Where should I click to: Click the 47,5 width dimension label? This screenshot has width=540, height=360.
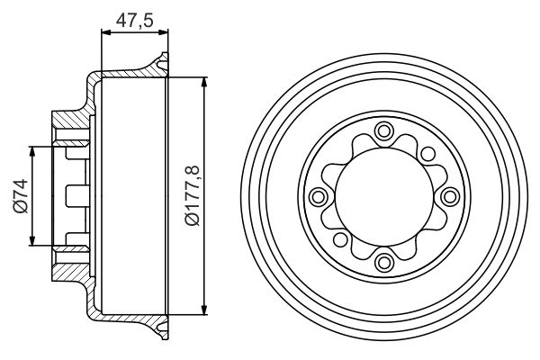133,17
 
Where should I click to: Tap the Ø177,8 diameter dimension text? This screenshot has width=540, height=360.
192,194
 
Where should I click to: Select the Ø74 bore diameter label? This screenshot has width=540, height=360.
20,195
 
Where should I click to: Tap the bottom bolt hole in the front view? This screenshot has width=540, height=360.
385,262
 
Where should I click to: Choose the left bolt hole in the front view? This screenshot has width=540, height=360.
318,196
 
